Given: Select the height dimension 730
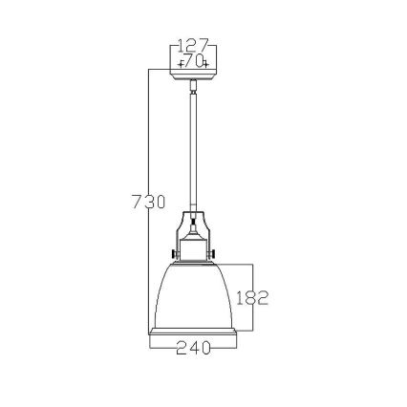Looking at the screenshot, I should tap(148, 202).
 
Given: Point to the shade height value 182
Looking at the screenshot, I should tap(250, 297).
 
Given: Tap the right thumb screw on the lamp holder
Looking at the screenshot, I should tap(216, 252).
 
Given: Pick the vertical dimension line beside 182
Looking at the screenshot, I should tap(252, 277).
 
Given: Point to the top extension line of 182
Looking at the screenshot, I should tap(234, 264).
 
